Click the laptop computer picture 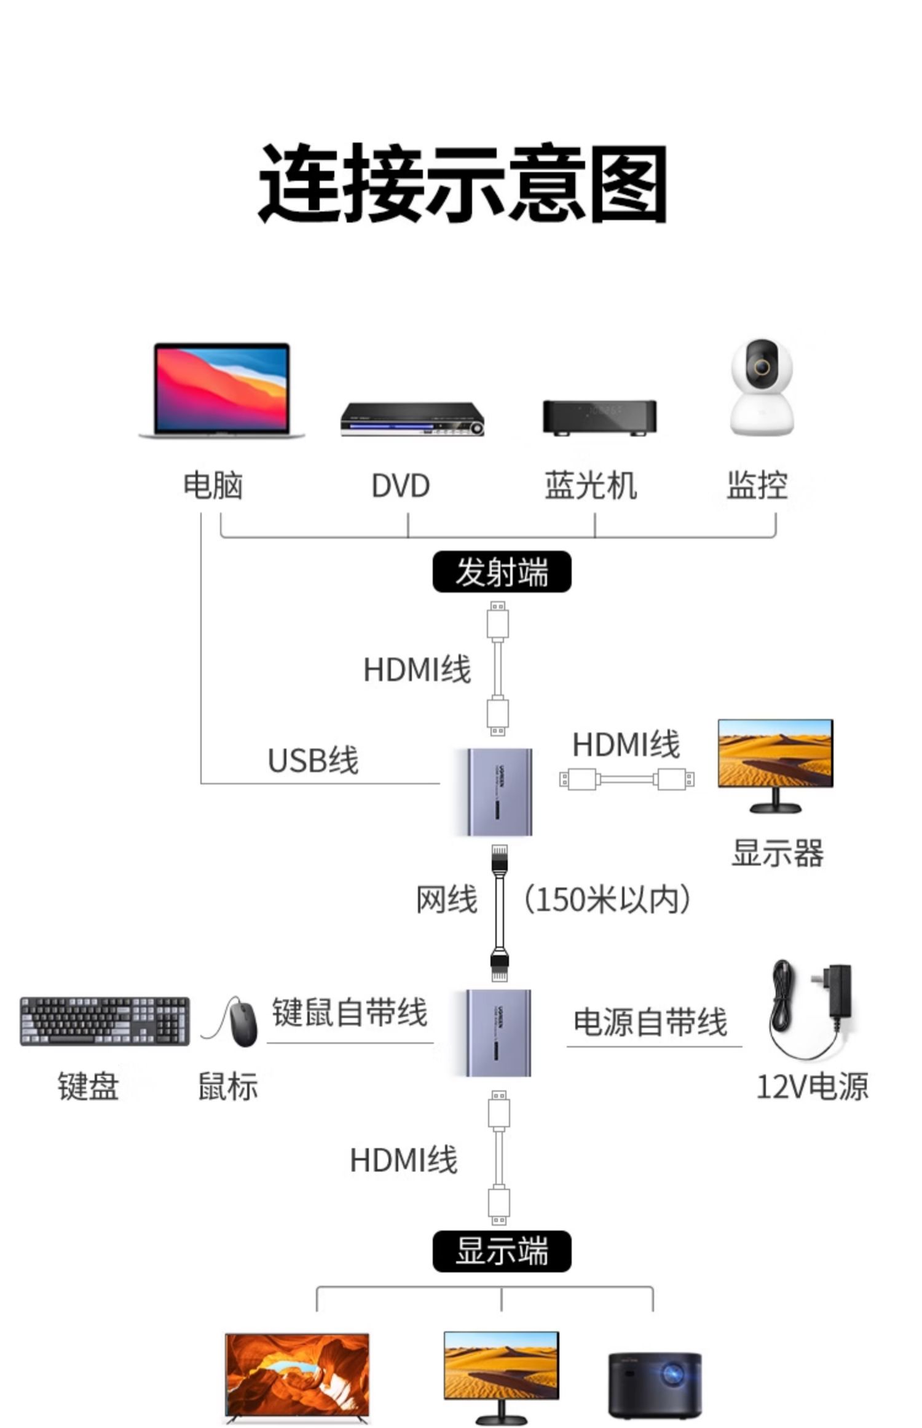coord(221,390)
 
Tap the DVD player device coord(412,419)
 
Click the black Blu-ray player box coord(599,417)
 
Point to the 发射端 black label coord(502,572)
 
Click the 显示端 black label coord(502,1251)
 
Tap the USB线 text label coord(313,760)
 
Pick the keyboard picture coord(104,1021)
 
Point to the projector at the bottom coord(655,1384)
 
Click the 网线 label coord(447,900)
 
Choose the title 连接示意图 coord(462,183)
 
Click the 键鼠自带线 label coord(349,1013)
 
